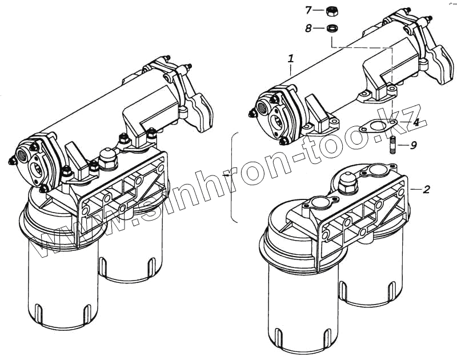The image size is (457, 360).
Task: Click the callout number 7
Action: [308, 10]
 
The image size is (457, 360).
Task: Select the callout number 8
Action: [308, 28]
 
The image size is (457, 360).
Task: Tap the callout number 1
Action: [291, 58]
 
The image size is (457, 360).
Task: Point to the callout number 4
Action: [416, 122]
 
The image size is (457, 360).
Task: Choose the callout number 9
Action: [414, 145]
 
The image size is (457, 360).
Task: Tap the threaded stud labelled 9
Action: [394, 146]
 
